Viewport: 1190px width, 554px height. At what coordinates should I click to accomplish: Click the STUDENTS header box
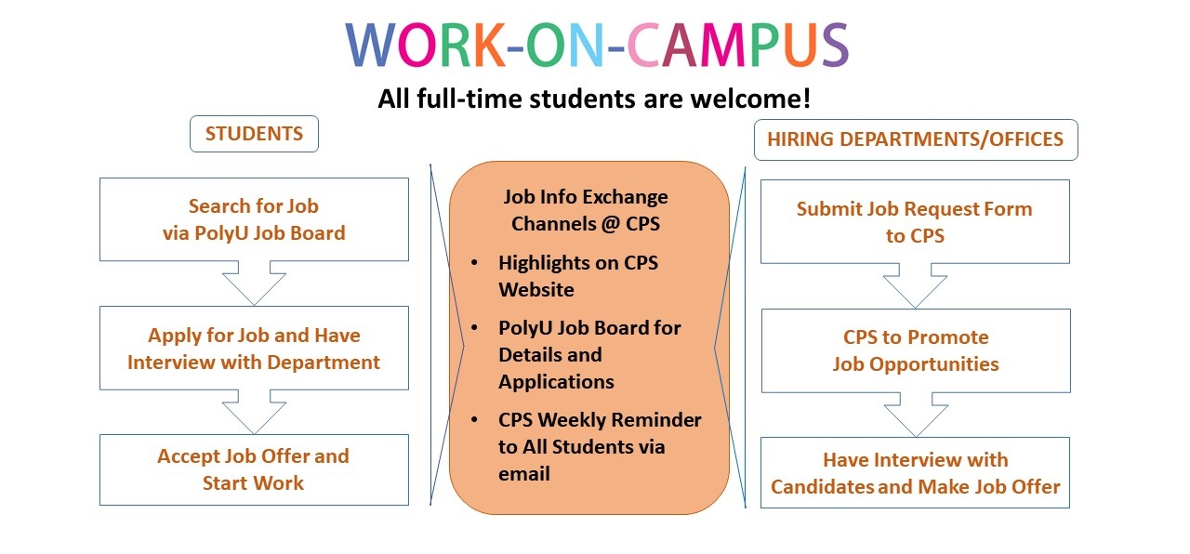[x=254, y=134]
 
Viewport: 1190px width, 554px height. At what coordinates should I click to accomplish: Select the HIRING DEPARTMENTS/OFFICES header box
[x=916, y=139]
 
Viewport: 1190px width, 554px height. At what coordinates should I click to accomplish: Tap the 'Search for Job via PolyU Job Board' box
[x=254, y=219]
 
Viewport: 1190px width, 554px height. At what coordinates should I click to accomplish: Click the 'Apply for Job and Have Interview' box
[x=254, y=348]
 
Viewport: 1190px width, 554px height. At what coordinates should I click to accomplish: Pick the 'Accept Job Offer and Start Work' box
[x=254, y=469]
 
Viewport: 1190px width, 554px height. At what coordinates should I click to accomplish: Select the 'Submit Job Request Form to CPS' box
[x=915, y=221]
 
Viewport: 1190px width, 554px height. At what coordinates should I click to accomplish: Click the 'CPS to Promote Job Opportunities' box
[x=916, y=350]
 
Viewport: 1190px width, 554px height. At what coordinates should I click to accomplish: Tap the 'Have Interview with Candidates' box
[x=915, y=473]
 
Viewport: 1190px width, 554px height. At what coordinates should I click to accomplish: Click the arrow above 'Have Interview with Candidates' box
[x=916, y=415]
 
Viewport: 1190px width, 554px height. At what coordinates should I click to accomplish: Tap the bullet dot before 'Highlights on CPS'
[x=474, y=262]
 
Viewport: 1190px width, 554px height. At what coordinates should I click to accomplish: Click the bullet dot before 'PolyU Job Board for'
[x=474, y=327]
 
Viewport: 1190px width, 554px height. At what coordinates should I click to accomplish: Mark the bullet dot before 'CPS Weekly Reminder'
[x=474, y=419]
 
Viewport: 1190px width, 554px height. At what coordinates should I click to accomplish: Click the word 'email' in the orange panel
[x=523, y=474]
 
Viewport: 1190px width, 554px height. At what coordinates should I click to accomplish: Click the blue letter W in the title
[x=370, y=45]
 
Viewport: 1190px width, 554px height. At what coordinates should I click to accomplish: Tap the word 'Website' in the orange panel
[x=536, y=290]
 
